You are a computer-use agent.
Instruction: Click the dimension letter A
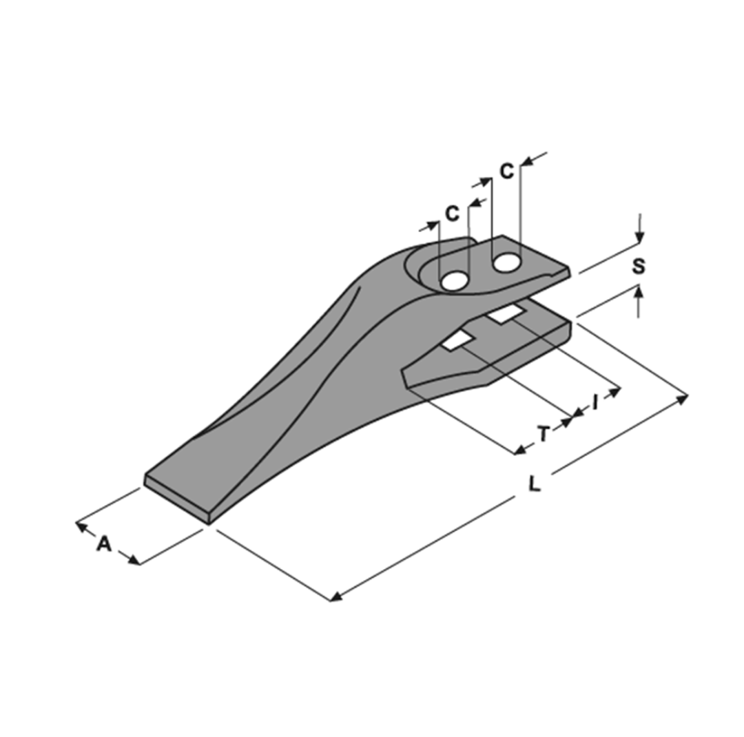pos(103,543)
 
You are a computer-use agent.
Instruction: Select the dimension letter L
pos(534,484)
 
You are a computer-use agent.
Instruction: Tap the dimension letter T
pos(544,434)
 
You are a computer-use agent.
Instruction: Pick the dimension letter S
pos(639,266)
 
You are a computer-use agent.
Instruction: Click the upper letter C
pos(507,171)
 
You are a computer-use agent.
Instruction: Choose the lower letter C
pos(452,214)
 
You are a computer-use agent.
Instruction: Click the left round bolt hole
pos(453,280)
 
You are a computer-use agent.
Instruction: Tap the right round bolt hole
pos(506,262)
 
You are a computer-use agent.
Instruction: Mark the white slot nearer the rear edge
pos(506,315)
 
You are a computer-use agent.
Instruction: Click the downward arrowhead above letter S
pos(639,238)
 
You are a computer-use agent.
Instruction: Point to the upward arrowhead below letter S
pos(639,292)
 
